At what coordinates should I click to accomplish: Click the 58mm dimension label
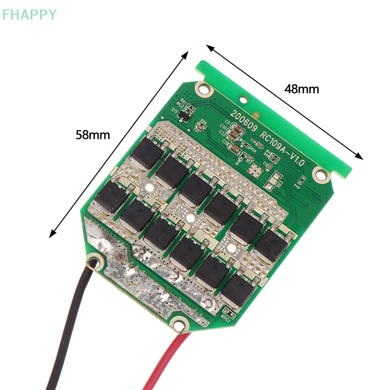[93, 135]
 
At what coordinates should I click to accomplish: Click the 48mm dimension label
[302, 89]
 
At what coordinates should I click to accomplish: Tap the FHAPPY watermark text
[29, 15]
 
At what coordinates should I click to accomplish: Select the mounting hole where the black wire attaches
[96, 262]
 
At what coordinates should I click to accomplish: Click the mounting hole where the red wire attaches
[180, 321]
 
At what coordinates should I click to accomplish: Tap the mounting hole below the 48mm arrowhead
[320, 172]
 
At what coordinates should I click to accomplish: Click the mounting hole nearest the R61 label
[201, 88]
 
